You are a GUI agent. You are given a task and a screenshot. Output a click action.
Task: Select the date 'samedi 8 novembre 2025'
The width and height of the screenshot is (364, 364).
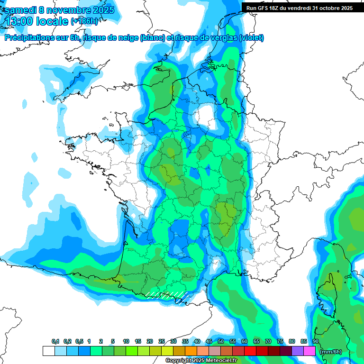coord(59,10)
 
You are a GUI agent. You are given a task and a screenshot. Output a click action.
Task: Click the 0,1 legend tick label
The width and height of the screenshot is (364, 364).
coord(55,342)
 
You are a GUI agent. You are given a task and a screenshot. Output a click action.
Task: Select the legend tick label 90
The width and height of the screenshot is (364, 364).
coord(315,342)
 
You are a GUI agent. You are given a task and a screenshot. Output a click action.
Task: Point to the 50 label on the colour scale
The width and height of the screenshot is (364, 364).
coord(221,342)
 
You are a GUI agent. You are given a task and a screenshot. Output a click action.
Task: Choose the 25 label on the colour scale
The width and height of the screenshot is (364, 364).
coord(162,342)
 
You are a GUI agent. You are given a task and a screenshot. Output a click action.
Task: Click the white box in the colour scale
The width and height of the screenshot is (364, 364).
coord(48,351)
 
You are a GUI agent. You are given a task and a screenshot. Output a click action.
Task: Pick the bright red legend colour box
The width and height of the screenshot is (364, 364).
coord(250,351)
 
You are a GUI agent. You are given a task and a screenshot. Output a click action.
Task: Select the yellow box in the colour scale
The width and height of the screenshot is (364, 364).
coord(167,351)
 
